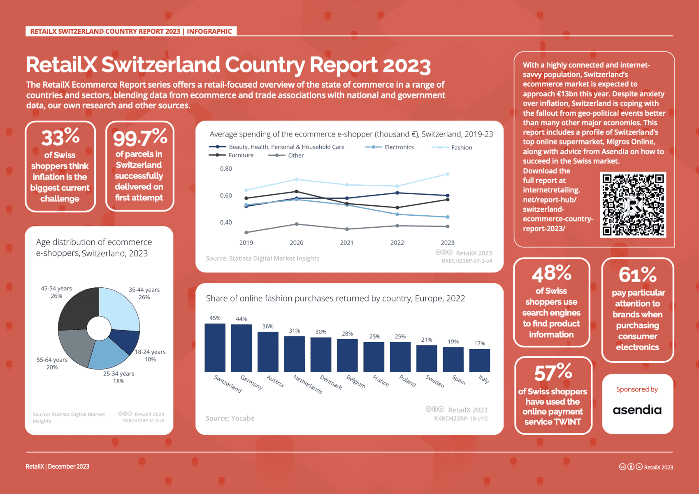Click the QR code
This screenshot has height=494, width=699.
[x=633, y=205]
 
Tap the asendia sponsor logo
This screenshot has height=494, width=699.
[x=637, y=410]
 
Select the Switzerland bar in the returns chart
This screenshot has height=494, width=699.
[x=215, y=347]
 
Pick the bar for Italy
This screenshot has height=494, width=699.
[x=479, y=360]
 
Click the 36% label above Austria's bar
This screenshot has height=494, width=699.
[x=268, y=326]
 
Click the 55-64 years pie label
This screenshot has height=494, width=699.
[x=52, y=363]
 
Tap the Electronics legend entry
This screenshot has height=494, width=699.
[x=399, y=147]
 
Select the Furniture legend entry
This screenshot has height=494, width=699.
[x=241, y=155]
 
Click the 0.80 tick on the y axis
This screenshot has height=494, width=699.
[x=226, y=169]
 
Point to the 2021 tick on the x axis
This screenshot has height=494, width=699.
[x=346, y=243]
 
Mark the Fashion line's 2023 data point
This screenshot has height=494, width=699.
[x=448, y=174]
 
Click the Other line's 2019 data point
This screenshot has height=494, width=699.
[x=246, y=233]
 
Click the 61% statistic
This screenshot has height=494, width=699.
[x=637, y=275]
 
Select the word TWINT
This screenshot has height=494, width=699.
[x=567, y=422]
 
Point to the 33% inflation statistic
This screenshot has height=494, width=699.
[x=60, y=137]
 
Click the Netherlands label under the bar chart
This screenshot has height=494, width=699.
[x=307, y=384]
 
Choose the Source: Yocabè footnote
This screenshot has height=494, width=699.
[x=230, y=418]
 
